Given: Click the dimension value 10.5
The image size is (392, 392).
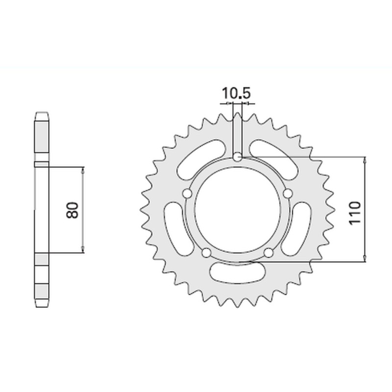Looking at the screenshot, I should click(236, 93).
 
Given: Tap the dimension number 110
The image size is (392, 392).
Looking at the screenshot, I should click(355, 211).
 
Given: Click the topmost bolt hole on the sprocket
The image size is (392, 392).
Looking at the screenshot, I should click(237, 157).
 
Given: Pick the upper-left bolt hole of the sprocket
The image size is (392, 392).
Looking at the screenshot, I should click(186, 195).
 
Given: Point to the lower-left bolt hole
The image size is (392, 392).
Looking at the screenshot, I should click(206, 252).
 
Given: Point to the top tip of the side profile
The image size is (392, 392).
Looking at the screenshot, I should click(41, 113).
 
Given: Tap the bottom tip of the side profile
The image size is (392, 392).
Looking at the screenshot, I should click(41, 307).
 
